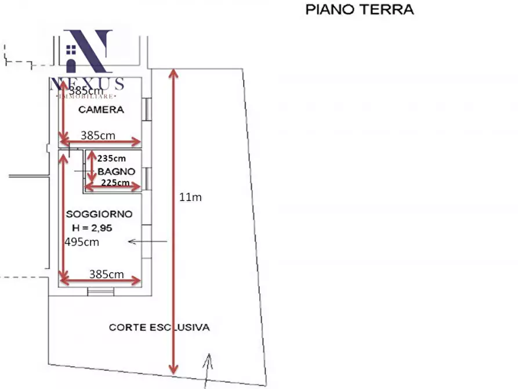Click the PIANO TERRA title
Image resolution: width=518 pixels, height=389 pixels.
(359, 10)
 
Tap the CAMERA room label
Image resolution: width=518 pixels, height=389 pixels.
(101, 109)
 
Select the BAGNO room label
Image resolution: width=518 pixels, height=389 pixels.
(116, 171)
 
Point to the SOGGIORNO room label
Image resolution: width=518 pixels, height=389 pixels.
(99, 214)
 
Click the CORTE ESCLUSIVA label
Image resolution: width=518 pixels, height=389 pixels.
(159, 327)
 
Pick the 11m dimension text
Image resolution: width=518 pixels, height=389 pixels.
(190, 197)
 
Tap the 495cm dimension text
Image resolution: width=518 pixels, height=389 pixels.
(82, 242)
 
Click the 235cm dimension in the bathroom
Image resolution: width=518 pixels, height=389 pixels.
(111, 158)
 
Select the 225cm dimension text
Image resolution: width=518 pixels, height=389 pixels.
(115, 182)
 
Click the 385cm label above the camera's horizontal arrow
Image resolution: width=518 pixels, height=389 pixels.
(97, 135)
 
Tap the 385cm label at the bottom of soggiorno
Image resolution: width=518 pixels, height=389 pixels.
(106, 274)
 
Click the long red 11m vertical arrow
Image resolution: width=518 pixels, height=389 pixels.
(172, 221)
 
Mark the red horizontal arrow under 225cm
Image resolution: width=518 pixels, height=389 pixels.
(113, 187)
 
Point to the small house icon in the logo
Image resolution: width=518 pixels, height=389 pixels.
(72, 50)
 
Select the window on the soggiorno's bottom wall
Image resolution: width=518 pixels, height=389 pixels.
(100, 291)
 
